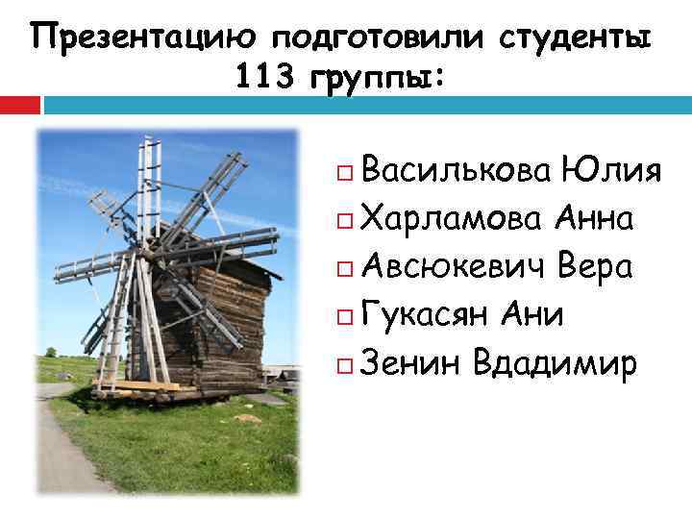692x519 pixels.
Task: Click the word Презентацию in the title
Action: [143, 37]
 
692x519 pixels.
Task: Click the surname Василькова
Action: [457, 172]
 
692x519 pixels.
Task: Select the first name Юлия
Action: [612, 172]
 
